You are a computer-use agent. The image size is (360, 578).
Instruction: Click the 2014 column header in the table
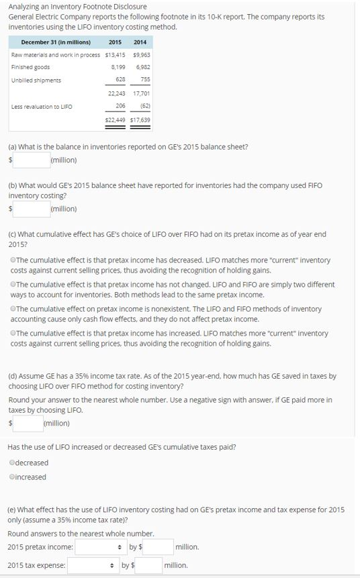140,42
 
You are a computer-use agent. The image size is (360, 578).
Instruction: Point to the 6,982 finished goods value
142,67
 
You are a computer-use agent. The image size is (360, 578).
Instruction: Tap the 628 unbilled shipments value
122,80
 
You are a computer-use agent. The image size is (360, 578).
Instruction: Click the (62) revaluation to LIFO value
144,106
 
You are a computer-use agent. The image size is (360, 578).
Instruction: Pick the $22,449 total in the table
116,119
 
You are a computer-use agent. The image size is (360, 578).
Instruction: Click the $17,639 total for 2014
140,119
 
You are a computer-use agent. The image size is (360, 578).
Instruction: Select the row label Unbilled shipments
36,80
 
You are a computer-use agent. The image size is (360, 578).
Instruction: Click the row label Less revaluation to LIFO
42,106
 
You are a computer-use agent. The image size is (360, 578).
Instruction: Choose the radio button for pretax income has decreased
13,260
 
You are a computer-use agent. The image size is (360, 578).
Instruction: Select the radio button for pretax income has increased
13,333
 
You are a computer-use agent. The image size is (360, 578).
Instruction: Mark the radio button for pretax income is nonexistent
13,309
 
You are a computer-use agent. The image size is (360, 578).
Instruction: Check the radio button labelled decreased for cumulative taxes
13,463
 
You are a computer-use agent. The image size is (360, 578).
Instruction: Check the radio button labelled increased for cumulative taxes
13,477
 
